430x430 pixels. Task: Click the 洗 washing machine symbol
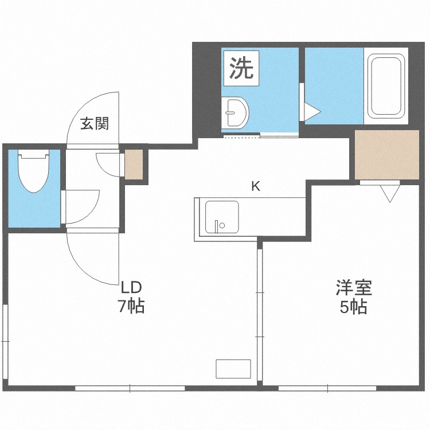pos(241,69)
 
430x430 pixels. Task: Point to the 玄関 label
pos(94,123)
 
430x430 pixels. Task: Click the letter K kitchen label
pos(256,186)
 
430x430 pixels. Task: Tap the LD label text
pos(131,287)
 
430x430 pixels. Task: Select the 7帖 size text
pos(131,306)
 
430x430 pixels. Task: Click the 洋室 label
pos(354,287)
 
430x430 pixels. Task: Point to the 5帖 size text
pos(354,307)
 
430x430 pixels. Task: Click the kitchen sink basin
pos(222,217)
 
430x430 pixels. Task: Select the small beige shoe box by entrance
pos(134,165)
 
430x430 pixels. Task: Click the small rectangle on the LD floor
pos(233,368)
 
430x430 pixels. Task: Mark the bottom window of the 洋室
pos(327,388)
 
